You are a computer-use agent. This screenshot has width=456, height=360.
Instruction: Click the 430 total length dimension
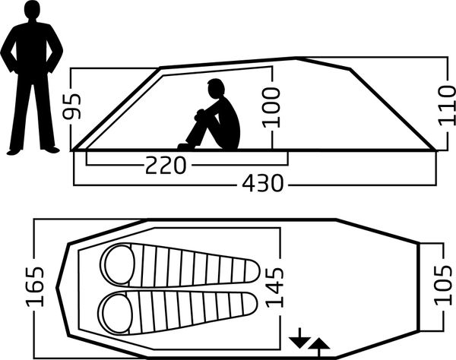(263, 183)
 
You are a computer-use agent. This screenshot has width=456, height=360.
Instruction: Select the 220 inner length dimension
(165, 165)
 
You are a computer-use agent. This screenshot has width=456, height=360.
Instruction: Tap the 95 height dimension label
(72, 106)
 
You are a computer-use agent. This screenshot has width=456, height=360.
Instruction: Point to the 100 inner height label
(271, 108)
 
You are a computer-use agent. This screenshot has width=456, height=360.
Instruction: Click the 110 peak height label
(447, 106)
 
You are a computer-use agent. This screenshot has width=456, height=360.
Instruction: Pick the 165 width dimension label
(35, 287)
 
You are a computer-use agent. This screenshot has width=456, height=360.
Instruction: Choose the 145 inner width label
(274, 287)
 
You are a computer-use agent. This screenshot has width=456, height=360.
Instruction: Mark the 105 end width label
(444, 285)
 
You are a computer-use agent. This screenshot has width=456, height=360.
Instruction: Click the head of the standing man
(32, 9)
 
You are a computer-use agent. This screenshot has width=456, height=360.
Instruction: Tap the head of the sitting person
(216, 89)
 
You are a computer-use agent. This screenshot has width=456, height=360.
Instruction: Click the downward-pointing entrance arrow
(299, 339)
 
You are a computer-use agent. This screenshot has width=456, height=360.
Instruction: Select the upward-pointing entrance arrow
(318, 346)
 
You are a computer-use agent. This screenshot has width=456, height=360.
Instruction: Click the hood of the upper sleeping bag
(119, 264)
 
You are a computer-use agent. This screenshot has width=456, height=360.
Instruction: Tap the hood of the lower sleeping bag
(116, 313)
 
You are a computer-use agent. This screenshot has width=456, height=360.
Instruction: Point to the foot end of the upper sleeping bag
(252, 271)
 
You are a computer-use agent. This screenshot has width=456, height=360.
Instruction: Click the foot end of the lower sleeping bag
(250, 305)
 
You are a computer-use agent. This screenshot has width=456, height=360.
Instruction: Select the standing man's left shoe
(52, 150)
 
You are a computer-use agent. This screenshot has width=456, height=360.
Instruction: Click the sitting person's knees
(201, 113)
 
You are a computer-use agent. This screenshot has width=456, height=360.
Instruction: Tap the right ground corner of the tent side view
(435, 150)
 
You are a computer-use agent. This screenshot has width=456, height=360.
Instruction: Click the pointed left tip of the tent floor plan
(57, 288)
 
